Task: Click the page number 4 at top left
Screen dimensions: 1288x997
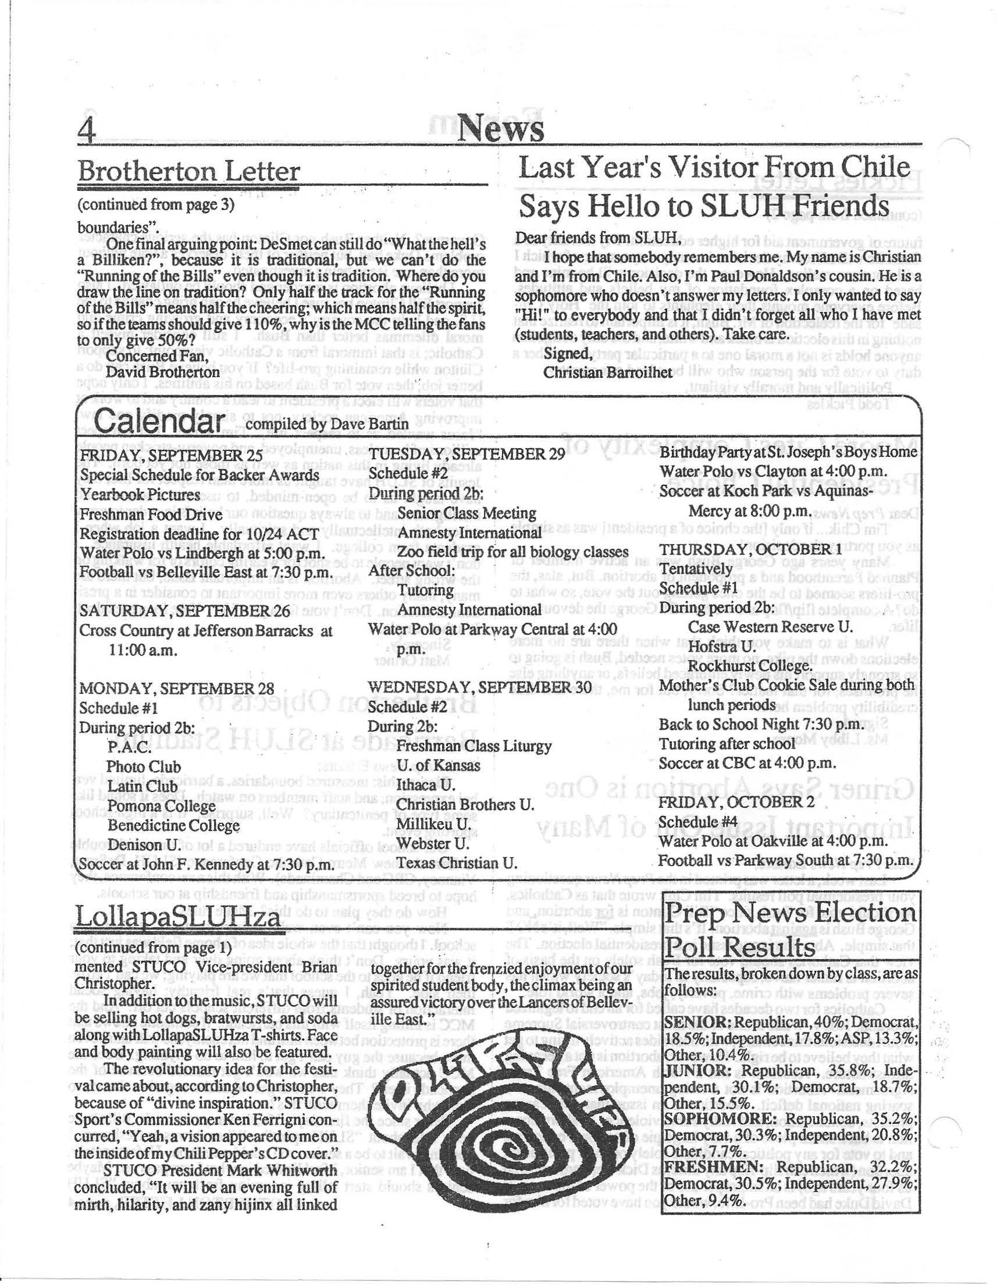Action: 87,127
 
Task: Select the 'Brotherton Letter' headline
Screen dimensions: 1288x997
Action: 188,172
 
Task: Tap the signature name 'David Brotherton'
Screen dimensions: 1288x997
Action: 163,372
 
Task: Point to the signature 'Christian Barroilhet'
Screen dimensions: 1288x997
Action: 607,373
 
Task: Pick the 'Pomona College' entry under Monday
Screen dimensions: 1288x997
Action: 161,806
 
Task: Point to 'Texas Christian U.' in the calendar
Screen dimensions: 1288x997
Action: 456,863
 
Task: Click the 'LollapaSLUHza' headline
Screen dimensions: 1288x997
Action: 179,919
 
